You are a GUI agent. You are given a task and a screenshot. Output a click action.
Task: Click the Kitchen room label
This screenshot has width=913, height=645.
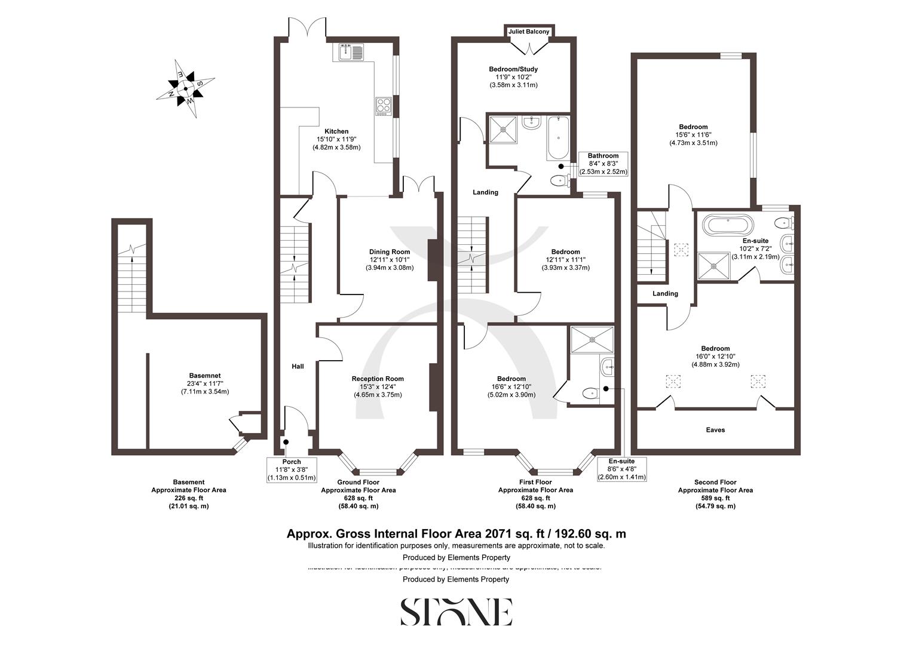tap(336, 131)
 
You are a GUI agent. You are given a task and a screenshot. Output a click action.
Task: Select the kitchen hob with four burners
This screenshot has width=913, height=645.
tap(384, 106)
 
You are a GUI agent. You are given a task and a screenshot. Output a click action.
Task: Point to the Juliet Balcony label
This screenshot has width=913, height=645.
tap(528, 32)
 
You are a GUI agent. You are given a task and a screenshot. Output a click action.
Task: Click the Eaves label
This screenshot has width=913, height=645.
tap(715, 430)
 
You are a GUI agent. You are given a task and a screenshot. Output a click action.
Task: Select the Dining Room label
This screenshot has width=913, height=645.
tap(389, 252)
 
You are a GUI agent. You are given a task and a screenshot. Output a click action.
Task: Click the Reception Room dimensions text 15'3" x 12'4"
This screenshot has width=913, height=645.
tap(377, 386)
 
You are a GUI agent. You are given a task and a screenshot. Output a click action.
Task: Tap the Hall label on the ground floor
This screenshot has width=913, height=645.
tap(298, 366)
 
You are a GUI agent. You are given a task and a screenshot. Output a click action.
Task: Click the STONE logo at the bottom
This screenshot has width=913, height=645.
tap(456, 612)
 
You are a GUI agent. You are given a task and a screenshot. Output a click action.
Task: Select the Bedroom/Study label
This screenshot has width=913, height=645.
tap(513, 69)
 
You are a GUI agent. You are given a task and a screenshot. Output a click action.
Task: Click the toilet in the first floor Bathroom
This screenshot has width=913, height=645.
tap(560, 180)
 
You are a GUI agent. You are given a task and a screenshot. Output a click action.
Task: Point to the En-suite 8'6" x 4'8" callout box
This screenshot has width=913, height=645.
tap(621, 469)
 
